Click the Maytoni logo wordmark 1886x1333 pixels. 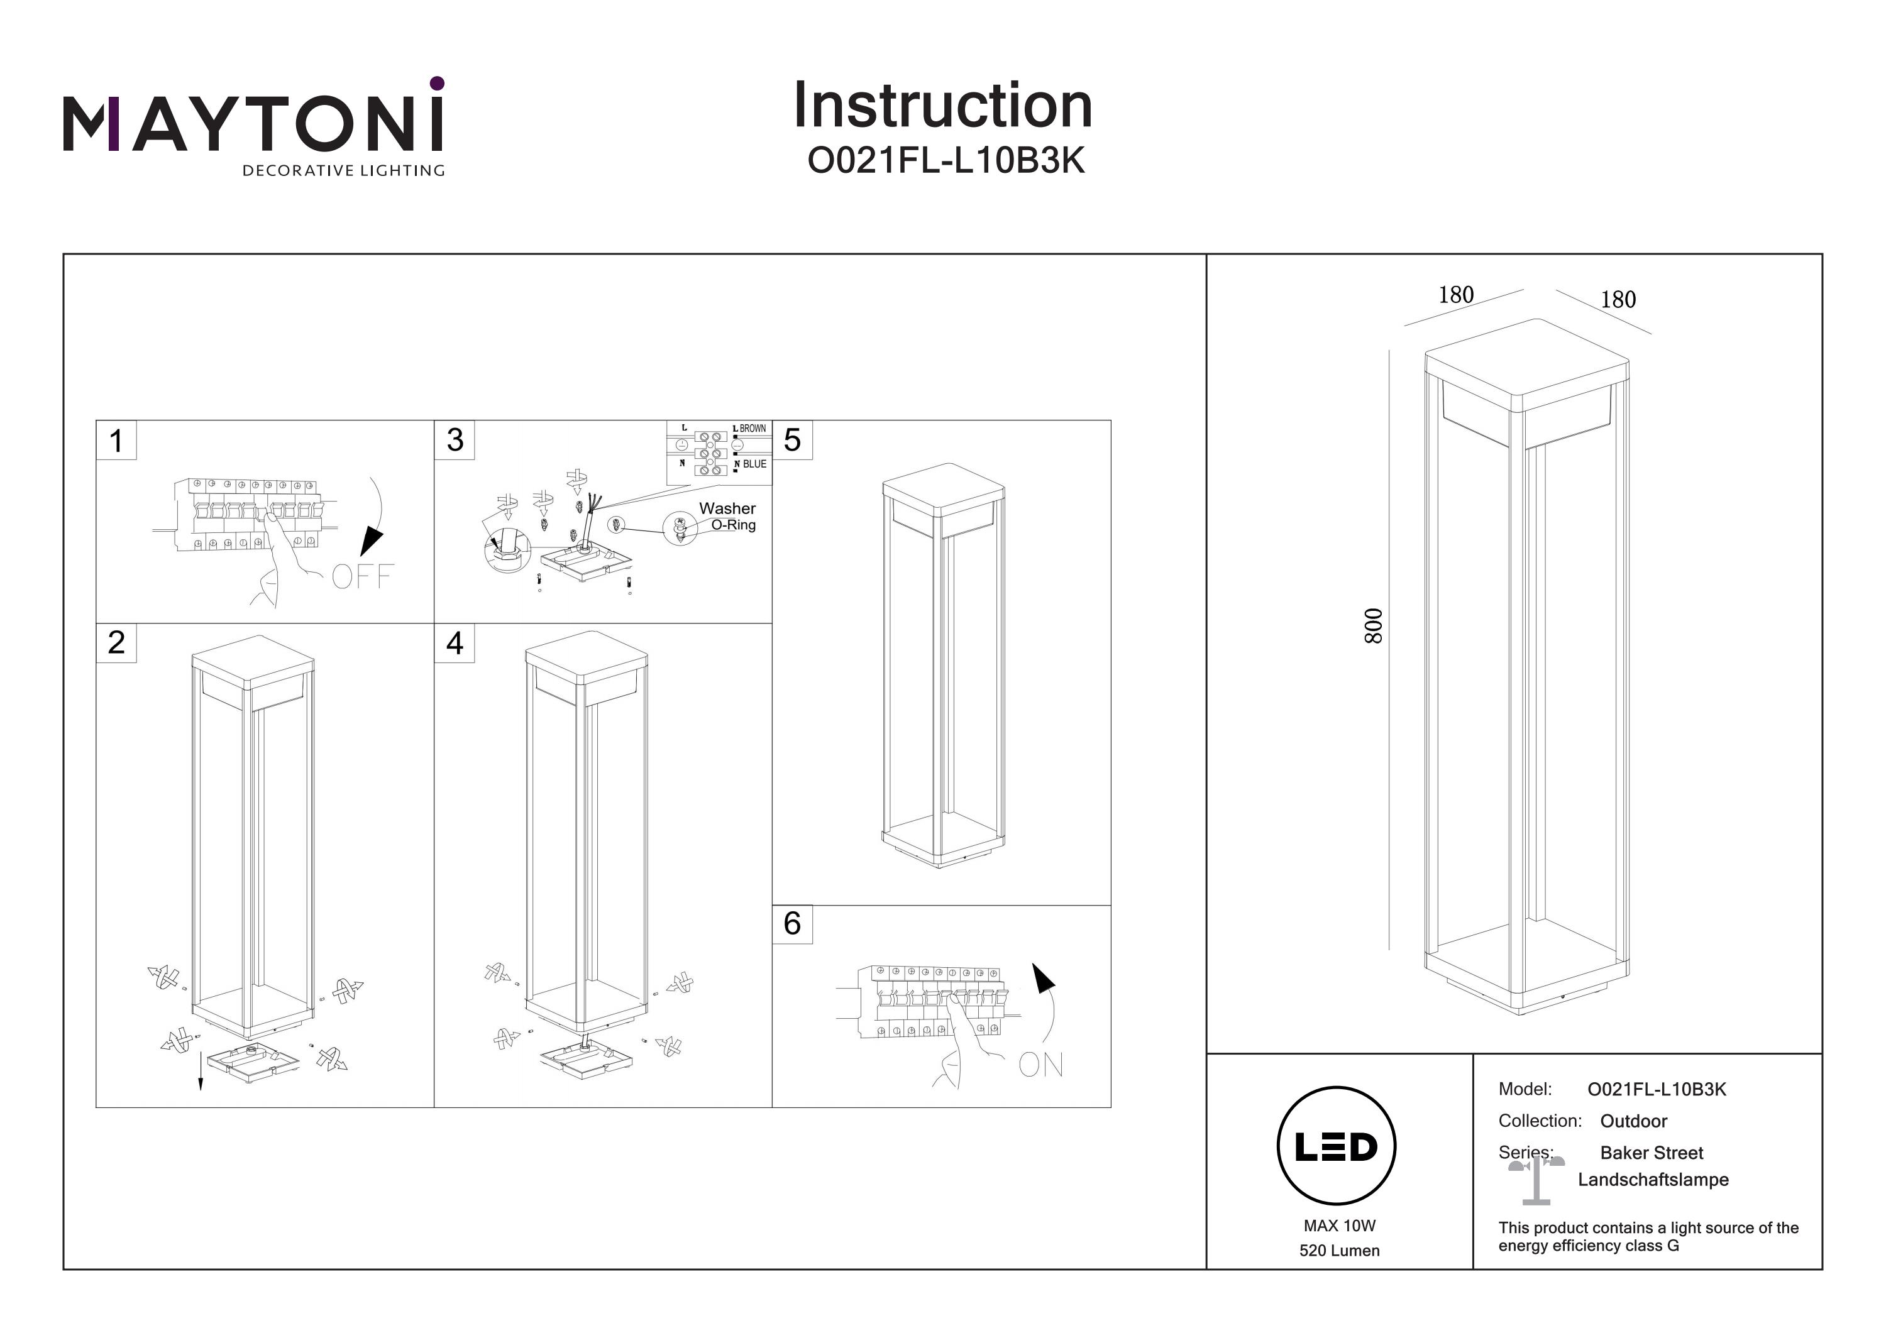pyautogui.click(x=253, y=125)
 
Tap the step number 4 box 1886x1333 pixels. pyautogui.click(x=455, y=643)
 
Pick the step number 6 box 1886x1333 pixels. pyautogui.click(x=792, y=923)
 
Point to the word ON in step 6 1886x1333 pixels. pyautogui.click(x=1040, y=1065)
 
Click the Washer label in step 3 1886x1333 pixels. pyautogui.click(x=727, y=508)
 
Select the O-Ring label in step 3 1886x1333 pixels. pyautogui.click(x=733, y=525)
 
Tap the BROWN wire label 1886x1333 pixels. pyautogui.click(x=753, y=429)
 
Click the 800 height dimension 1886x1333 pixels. pyautogui.click(x=1374, y=626)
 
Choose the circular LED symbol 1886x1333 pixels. pyautogui.click(x=1337, y=1146)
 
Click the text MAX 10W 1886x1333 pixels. pyautogui.click(x=1339, y=1226)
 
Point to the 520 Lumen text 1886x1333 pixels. pyautogui.click(x=1339, y=1251)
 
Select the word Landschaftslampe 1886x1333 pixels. pyautogui.click(x=1653, y=1180)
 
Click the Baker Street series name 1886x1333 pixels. pyautogui.click(x=1651, y=1152)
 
